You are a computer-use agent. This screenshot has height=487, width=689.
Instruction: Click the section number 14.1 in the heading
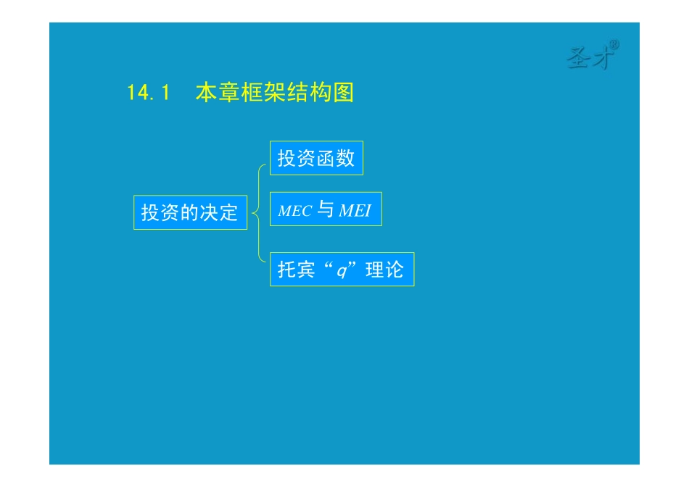(x=148, y=93)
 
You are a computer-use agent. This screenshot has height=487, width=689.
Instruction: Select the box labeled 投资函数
(x=316, y=158)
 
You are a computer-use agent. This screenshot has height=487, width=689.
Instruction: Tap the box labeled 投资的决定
(x=190, y=212)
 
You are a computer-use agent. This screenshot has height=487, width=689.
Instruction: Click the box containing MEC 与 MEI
(x=326, y=209)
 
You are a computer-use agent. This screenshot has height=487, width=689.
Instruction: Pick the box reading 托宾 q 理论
(x=342, y=270)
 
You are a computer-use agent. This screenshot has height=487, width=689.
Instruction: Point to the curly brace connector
(x=258, y=213)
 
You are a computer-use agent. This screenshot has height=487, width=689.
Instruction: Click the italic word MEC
(x=295, y=212)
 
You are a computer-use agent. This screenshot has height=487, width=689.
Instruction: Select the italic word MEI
(x=355, y=211)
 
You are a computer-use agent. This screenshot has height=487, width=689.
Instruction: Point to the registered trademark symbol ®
(x=614, y=45)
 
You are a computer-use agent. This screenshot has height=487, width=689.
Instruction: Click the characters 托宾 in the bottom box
(x=297, y=270)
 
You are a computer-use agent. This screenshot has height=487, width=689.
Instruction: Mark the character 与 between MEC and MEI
(x=326, y=209)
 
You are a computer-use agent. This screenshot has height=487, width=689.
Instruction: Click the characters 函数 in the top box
(x=336, y=158)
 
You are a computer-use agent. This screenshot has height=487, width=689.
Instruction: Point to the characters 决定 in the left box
(x=219, y=212)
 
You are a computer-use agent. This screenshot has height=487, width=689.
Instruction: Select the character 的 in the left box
(x=190, y=212)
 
